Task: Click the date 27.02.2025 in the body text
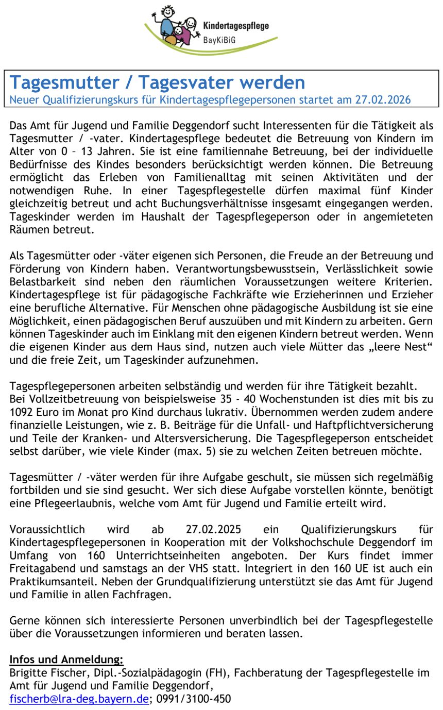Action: (x=213, y=529)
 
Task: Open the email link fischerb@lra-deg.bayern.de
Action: (x=79, y=699)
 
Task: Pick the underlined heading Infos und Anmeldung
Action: (x=66, y=660)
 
